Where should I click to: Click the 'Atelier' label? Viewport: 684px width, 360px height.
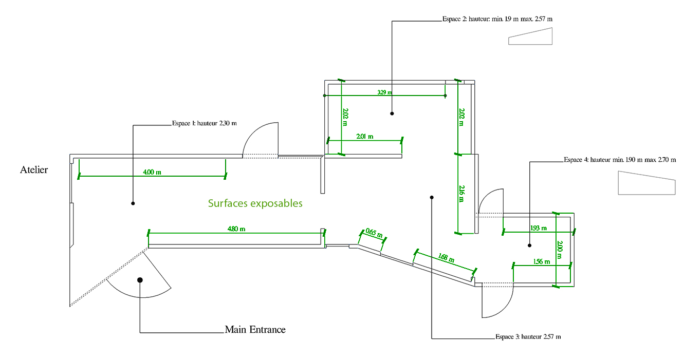pyautogui.click(x=34, y=169)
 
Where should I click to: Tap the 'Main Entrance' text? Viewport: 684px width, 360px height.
pyautogui.click(x=255, y=329)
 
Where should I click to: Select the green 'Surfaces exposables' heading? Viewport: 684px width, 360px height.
pyautogui.click(x=255, y=203)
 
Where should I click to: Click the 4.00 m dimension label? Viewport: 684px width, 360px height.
pyautogui.click(x=152, y=172)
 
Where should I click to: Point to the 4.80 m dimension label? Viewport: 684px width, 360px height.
pyautogui.click(x=236, y=229)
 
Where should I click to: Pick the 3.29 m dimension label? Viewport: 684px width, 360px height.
pyautogui.click(x=384, y=92)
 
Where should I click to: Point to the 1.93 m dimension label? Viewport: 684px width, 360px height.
pyautogui.click(x=538, y=228)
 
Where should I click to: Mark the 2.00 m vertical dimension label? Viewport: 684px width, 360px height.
pyautogui.click(x=560, y=250)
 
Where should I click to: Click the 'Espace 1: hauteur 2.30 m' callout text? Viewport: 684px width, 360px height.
pyautogui.click(x=204, y=123)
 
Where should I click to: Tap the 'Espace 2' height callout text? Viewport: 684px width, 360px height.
pyautogui.click(x=497, y=18)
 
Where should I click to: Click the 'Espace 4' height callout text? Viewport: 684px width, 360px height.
pyautogui.click(x=620, y=160)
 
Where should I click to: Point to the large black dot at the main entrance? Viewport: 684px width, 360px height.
pyautogui.click(x=140, y=280)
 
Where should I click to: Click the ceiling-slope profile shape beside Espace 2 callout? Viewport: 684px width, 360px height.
pyautogui.click(x=531, y=37)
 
